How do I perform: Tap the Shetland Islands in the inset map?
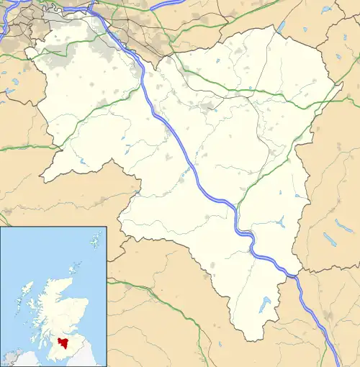click(95, 237)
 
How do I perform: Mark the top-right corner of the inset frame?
click(107, 227)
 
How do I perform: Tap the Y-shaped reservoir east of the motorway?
click(281, 222)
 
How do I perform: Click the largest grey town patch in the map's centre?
click(210, 108)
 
